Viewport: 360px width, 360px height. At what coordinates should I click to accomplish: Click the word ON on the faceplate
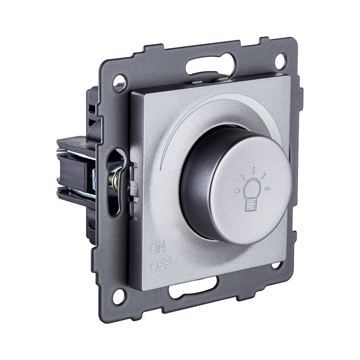click(157, 248)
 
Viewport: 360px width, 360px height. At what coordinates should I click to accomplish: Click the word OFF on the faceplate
click(160, 266)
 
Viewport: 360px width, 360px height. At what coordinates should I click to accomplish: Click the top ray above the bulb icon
click(253, 170)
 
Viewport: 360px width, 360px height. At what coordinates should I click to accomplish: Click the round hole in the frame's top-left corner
click(120, 82)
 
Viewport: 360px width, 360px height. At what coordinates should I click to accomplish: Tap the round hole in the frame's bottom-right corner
click(276, 265)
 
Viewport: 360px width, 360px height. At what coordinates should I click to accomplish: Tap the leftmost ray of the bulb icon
click(237, 190)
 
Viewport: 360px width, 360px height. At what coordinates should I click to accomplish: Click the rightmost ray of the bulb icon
click(266, 188)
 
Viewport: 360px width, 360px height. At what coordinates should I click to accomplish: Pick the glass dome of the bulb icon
click(252, 187)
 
